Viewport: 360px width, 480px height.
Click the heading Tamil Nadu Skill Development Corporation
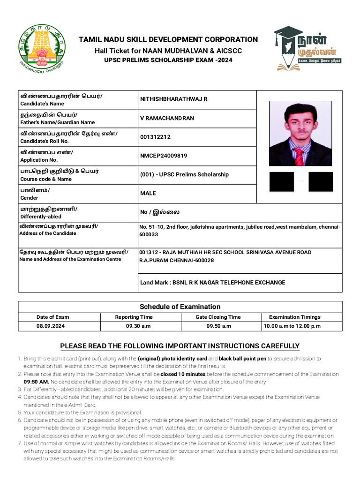click(x=168, y=39)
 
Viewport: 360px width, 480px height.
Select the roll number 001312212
click(x=155, y=137)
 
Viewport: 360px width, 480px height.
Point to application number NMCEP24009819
click(x=164, y=156)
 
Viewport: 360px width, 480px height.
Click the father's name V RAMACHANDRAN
click(x=166, y=118)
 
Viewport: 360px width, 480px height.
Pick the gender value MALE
click(x=148, y=193)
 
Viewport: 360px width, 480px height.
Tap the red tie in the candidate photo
click(x=299, y=156)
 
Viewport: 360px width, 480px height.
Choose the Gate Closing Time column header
click(x=218, y=317)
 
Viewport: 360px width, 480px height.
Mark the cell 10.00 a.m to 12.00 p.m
click(x=292, y=326)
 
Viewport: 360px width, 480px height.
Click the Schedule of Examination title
click(x=180, y=307)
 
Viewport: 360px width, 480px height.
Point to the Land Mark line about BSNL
click(x=212, y=282)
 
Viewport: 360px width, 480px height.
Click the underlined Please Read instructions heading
click(x=180, y=346)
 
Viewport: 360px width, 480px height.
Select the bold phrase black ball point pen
click(x=242, y=359)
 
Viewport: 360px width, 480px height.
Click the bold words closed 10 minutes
click(x=183, y=375)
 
